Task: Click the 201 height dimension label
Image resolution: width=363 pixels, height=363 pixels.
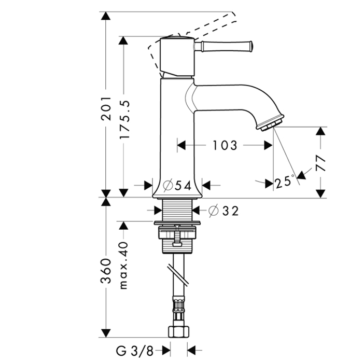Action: pos(106,108)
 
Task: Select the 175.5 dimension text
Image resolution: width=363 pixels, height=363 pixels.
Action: pos(124,120)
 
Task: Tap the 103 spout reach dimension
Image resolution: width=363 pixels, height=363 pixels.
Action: pos(225,145)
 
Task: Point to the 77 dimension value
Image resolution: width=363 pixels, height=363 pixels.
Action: pos(320,163)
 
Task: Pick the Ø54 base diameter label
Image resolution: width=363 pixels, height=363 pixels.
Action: pos(177,185)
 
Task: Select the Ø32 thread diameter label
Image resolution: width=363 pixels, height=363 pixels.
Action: pos(224,211)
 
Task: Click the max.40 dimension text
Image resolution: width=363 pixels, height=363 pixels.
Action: pos(124,266)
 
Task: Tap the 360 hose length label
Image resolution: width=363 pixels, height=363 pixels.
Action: pos(106,271)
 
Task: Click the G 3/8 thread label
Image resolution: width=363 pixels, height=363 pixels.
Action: pos(134,352)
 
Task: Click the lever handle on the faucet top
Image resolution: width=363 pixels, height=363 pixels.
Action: pos(224,46)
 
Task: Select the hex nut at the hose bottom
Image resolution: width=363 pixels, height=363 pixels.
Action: pos(178,332)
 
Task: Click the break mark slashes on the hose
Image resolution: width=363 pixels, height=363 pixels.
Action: pos(178,275)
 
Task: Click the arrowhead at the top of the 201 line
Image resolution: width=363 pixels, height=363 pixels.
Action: pos(106,16)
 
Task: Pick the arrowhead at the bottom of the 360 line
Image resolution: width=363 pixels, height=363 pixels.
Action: pos(106,333)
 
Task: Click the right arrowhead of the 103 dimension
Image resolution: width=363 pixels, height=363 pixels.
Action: pos(268,145)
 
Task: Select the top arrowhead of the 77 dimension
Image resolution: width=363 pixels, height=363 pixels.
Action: pos(320,131)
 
